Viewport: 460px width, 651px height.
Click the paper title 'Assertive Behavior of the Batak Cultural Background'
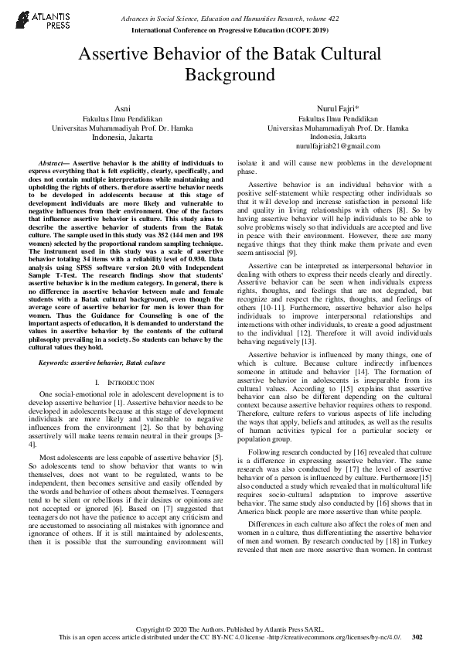pyautogui.click(x=230, y=64)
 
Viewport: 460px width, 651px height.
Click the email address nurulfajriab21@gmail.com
pyautogui.click(x=338, y=146)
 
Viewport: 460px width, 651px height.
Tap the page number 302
pyautogui.click(x=418, y=637)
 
